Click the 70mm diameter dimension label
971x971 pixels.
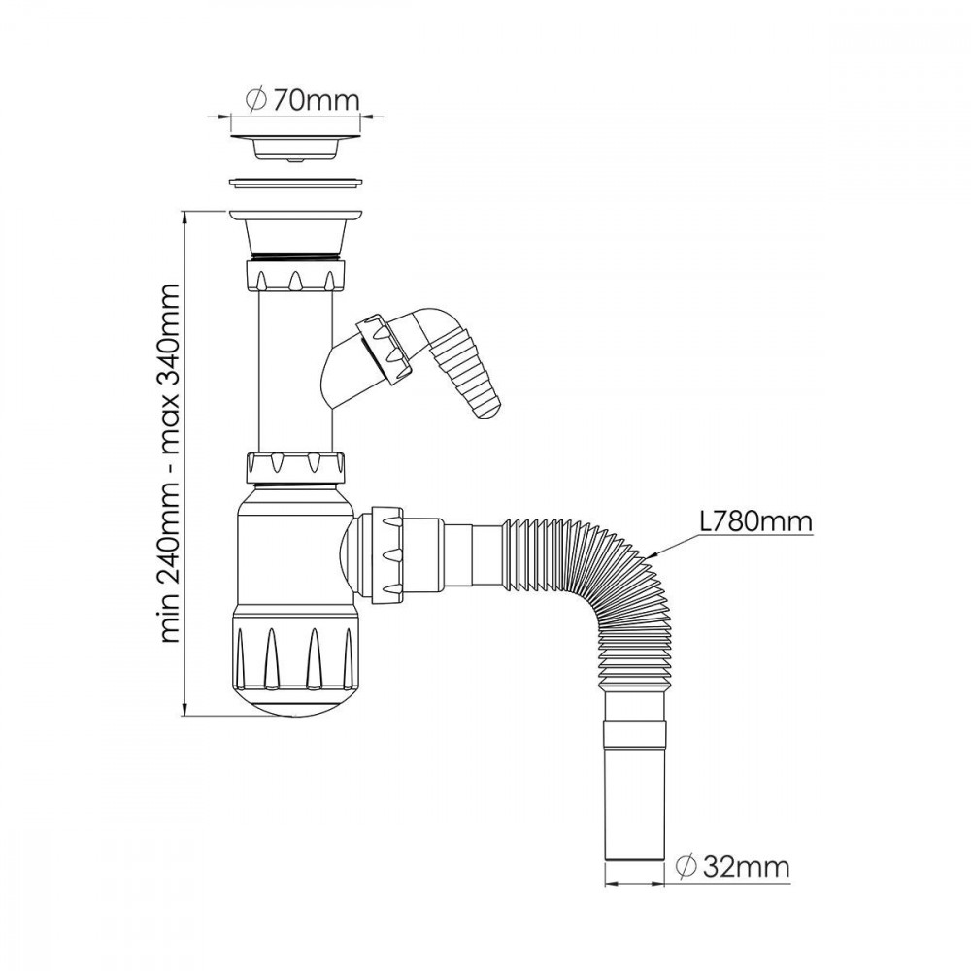[302, 100]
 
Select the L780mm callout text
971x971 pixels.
[755, 522]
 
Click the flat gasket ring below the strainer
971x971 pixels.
[296, 184]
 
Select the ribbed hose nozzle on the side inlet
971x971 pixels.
[466, 375]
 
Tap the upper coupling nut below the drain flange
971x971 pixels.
[295, 276]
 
